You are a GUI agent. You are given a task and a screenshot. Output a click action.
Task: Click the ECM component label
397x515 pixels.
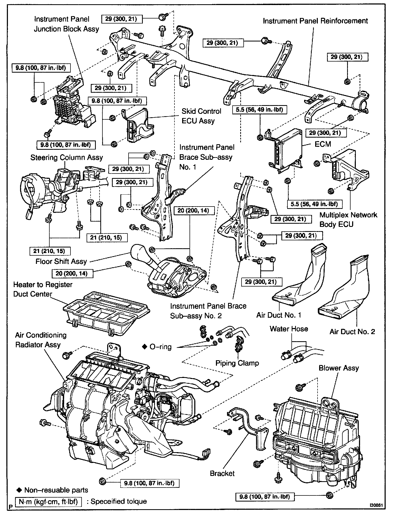323,144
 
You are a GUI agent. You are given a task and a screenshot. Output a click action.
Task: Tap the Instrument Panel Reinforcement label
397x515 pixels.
315,21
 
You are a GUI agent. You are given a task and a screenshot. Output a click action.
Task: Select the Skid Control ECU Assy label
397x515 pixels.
201,116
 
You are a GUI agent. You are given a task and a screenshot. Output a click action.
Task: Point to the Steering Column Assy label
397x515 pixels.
67,158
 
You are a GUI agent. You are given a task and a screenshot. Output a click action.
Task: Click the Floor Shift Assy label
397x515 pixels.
61,261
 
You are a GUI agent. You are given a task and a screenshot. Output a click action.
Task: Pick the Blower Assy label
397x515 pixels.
339,368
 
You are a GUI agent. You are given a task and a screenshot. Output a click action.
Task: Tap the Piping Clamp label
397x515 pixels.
237,363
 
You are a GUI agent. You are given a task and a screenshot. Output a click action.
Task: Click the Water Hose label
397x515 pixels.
289,329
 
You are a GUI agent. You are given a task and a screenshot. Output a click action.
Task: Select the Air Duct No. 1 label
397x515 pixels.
279,315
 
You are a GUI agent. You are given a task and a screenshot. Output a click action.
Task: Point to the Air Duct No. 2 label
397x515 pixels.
352,332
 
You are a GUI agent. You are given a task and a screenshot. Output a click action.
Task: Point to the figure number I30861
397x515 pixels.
376,505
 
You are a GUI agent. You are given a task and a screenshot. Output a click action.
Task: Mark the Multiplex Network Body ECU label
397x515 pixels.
348,219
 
